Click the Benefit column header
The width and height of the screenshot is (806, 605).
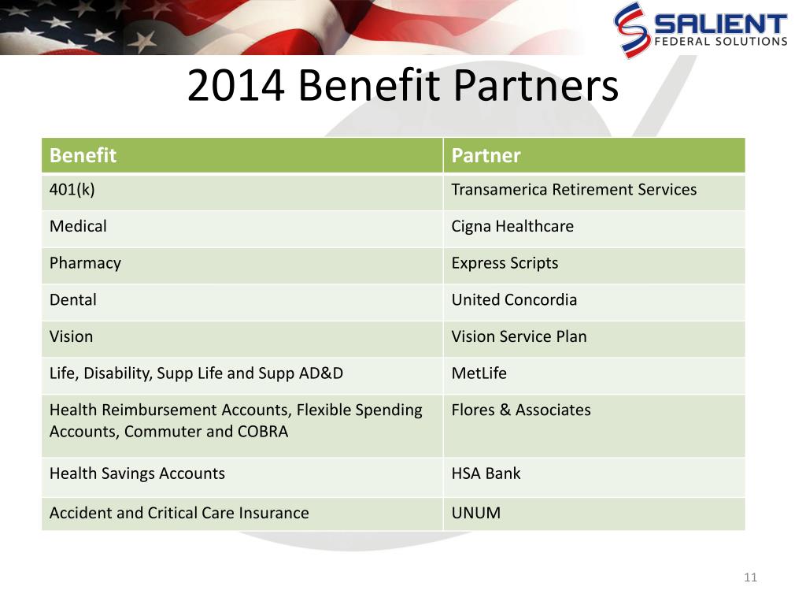pos(83,155)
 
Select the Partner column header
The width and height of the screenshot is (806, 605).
pos(486,155)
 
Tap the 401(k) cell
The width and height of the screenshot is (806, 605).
pos(72,190)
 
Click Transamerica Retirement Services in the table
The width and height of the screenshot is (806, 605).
pos(574,189)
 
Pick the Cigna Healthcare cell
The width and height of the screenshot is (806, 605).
pos(512,227)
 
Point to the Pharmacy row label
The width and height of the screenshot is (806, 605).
pos(85,263)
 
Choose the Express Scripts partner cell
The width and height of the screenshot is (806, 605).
pos(505,263)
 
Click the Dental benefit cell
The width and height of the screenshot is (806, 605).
pos(73,299)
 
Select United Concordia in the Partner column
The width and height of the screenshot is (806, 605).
pos(514,299)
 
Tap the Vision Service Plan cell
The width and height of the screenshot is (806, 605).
pos(519,336)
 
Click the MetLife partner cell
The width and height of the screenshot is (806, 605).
pos(479,373)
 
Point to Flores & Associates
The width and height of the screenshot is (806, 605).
pos(521,410)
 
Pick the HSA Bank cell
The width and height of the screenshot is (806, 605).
pos(486,473)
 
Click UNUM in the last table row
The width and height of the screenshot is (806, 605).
pos(476,513)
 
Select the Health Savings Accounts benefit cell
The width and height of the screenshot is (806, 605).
pos(137,473)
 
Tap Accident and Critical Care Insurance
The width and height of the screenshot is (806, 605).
pos(179,513)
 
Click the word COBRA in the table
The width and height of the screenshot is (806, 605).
pos(263,431)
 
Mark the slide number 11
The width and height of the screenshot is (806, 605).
pos(750,577)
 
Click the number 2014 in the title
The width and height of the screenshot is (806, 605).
pos(236,85)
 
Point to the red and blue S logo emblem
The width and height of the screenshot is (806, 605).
pos(631,30)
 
